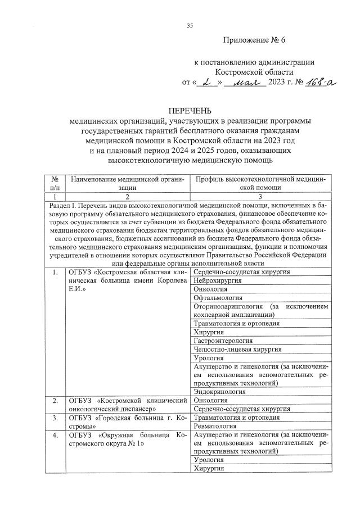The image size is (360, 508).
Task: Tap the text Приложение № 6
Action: point(254,40)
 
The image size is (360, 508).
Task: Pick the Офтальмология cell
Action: point(218,297)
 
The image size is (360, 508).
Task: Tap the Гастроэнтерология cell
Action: point(223,341)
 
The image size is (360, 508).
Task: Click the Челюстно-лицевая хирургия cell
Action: point(236,349)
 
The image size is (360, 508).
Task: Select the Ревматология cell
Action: point(216,425)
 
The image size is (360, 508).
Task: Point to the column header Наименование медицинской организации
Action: point(127,183)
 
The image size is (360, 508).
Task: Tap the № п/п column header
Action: point(55,183)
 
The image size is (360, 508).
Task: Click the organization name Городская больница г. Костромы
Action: point(127,421)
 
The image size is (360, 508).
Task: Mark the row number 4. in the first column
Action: point(55,435)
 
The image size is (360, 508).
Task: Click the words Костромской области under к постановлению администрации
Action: point(254,72)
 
